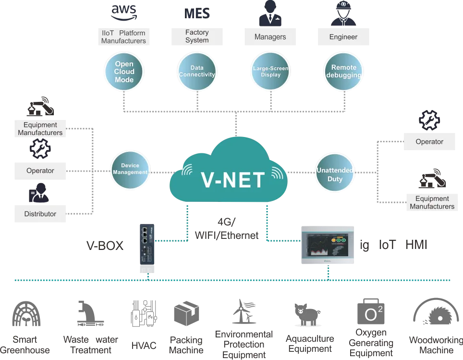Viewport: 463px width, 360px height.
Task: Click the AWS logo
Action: coord(124,13)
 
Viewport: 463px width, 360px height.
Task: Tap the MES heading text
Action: coord(197,13)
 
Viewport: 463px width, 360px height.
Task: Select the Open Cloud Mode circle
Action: coord(124,72)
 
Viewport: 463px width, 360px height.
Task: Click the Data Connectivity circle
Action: coord(197,72)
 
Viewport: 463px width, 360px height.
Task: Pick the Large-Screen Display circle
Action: coord(270,72)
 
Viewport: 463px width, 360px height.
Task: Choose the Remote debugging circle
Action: coord(344,72)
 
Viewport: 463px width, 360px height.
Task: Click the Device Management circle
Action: coord(130,170)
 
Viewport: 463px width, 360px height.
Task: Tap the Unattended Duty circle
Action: coord(335,173)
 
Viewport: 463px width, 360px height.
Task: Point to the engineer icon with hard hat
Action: coord(343,13)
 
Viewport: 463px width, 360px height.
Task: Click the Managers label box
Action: coord(270,37)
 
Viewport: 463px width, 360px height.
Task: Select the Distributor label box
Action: coord(40,214)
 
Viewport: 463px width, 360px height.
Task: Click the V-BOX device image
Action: coord(147,245)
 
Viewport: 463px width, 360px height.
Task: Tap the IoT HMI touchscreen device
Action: coord(328,245)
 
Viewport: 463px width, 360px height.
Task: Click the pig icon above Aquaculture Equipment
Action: coord(307,314)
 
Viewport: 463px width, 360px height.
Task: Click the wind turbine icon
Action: coord(244,311)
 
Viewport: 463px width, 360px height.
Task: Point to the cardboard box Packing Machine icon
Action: coord(186,313)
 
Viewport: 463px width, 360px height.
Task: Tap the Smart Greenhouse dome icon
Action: coord(26,313)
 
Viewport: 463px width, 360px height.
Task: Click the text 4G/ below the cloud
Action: coord(227,222)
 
